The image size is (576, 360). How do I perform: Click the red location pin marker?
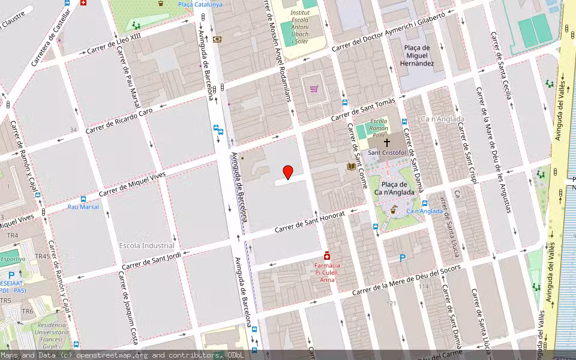pos(288,172)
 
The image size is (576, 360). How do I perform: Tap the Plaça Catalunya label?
pos(200,4)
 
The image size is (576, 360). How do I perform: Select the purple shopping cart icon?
pos(314,89)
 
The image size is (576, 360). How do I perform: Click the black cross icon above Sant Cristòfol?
pos(387,143)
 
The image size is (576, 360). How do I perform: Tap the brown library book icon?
pos(351,166)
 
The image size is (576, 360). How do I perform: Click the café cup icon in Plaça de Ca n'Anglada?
pos(394,210)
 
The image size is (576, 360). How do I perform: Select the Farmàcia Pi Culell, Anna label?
pos(328,272)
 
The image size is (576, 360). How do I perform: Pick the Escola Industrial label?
pos(147,245)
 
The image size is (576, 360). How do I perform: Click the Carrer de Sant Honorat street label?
pos(310,223)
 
